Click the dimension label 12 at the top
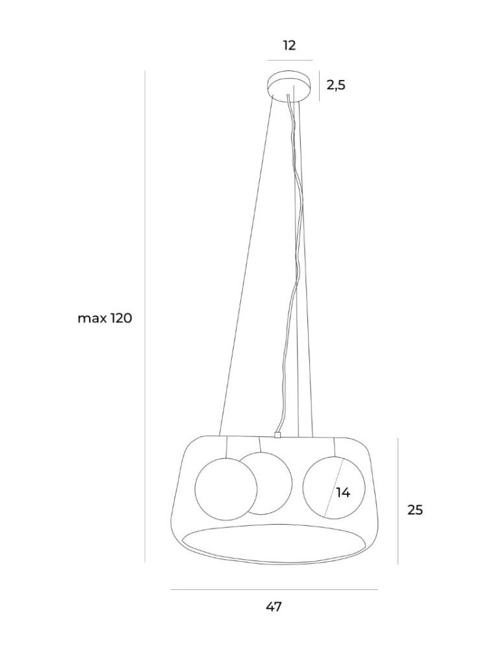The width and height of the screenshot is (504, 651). [289, 46]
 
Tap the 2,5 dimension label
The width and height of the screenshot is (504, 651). [336, 85]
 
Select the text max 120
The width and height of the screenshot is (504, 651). [105, 318]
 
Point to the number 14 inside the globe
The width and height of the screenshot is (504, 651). [343, 493]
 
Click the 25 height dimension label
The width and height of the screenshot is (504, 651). [415, 510]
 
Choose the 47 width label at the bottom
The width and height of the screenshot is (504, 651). [274, 607]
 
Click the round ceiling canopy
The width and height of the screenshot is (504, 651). [289, 87]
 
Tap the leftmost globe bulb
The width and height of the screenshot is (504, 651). [226, 489]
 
